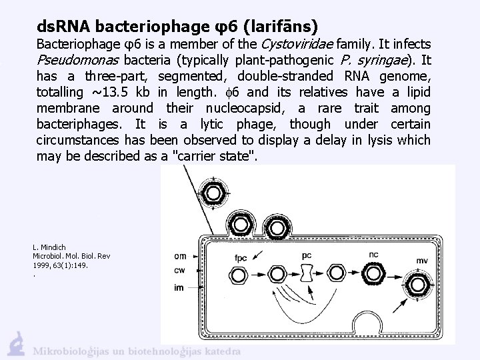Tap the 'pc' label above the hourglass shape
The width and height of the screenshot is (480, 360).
click(307, 254)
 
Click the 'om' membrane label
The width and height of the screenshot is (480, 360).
click(180, 256)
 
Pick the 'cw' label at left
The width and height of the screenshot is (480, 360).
click(180, 270)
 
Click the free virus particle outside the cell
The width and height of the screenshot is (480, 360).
click(215, 194)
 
